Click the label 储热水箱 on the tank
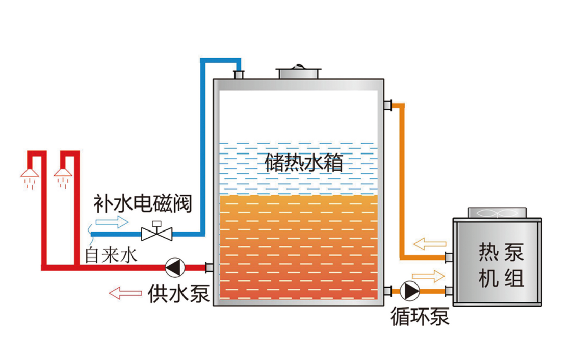(x=304, y=163)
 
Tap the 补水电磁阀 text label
(x=142, y=204)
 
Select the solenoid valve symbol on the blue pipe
(x=157, y=232)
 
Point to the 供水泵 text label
(x=179, y=293)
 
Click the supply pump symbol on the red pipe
(x=174, y=266)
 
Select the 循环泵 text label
(x=420, y=317)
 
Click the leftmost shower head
(x=30, y=174)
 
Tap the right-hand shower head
(x=63, y=174)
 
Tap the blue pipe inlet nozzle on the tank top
(x=238, y=74)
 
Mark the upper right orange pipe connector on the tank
(x=387, y=106)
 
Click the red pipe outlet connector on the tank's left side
(x=208, y=267)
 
